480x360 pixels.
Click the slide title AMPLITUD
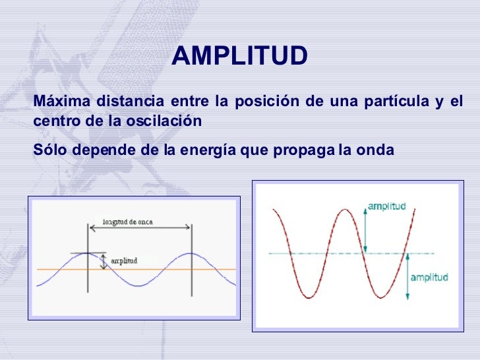click(x=239, y=57)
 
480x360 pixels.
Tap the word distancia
click(x=129, y=102)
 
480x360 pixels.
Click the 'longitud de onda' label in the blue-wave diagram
click(x=129, y=222)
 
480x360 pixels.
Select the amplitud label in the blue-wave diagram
click(x=125, y=260)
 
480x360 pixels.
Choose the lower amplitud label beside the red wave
click(x=429, y=277)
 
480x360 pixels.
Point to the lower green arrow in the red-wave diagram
click(x=406, y=276)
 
